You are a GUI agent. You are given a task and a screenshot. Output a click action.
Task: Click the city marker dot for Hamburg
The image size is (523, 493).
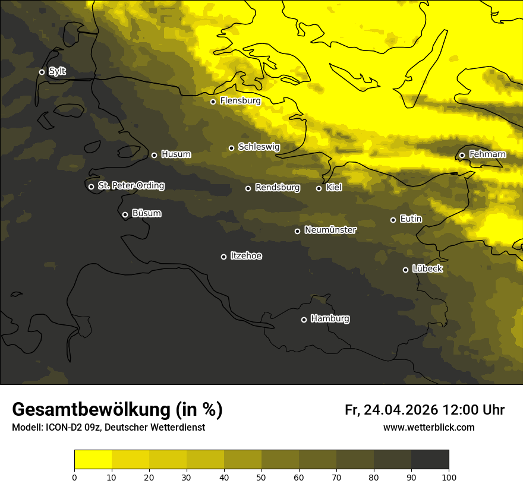click(x=304, y=320)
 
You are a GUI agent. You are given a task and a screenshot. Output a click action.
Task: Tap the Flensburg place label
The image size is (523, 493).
click(x=240, y=101)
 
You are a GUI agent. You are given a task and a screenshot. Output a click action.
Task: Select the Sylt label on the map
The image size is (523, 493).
click(x=57, y=71)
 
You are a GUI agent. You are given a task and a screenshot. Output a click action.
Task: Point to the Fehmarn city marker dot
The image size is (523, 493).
click(x=462, y=155)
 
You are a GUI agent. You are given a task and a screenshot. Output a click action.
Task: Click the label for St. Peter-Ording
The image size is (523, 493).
click(x=131, y=186)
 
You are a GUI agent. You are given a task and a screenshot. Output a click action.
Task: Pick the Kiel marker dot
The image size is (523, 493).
click(x=319, y=188)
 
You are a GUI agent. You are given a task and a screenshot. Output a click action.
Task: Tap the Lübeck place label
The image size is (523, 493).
click(x=427, y=269)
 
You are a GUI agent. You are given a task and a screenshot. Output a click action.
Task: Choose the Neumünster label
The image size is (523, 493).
click(x=330, y=230)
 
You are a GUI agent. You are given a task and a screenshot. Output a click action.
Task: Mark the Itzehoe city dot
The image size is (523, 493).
click(x=223, y=257)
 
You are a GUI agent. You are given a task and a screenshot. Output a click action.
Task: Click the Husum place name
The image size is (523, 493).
click(x=176, y=154)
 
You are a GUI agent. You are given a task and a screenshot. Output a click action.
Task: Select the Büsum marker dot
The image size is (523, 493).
click(x=125, y=214)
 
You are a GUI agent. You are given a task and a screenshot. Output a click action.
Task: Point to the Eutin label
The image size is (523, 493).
click(x=411, y=219)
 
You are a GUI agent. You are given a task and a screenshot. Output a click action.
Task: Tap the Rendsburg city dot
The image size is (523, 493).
click(x=248, y=188)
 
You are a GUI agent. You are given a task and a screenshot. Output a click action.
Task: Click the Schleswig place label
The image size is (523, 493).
click(x=259, y=147)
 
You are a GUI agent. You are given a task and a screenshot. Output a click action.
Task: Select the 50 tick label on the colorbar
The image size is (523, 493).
click(x=261, y=477)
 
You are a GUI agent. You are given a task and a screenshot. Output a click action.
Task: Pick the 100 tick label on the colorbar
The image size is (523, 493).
click(x=448, y=477)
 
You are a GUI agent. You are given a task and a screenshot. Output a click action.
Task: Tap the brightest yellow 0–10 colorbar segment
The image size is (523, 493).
click(x=93, y=460)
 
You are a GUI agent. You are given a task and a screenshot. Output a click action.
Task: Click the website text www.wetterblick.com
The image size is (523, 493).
click(x=429, y=427)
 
